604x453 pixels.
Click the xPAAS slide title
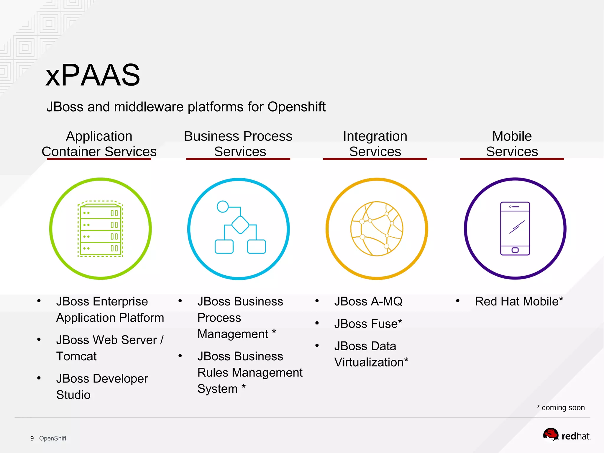pyautogui.click(x=93, y=75)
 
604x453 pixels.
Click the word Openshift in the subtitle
pyautogui.click(x=296, y=107)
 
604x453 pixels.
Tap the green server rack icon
pyautogui.click(x=100, y=229)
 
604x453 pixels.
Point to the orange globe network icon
pyautogui.click(x=377, y=229)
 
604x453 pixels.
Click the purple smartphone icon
pyautogui.click(x=515, y=229)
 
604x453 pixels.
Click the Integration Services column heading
pyautogui.click(x=375, y=144)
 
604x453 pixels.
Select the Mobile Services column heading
pyautogui.click(x=512, y=144)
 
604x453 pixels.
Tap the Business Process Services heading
pyautogui.click(x=238, y=144)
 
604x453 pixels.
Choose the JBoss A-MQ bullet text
pyautogui.click(x=368, y=302)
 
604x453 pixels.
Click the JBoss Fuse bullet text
pyautogui.click(x=368, y=324)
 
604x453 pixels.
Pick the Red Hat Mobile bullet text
pyautogui.click(x=519, y=302)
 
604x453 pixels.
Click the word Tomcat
pyautogui.click(x=76, y=356)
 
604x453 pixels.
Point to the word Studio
pyautogui.click(x=73, y=395)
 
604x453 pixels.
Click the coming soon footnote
pyautogui.click(x=561, y=408)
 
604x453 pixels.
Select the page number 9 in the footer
pyautogui.click(x=32, y=438)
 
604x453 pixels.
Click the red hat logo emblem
pyautogui.click(x=551, y=435)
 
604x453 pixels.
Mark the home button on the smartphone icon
pyautogui.click(x=515, y=250)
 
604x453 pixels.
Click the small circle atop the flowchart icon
pyautogui.click(x=223, y=207)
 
